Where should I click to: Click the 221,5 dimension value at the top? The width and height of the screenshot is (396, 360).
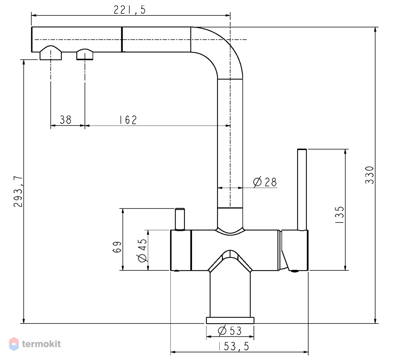(x=129, y=10)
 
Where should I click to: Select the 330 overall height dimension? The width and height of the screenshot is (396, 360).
(x=369, y=175)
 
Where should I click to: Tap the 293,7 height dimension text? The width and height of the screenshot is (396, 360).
(x=18, y=192)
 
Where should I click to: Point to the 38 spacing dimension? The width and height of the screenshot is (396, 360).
(x=66, y=120)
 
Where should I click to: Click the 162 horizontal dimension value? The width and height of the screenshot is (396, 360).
(x=128, y=120)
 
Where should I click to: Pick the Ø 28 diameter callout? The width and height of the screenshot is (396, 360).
(x=265, y=182)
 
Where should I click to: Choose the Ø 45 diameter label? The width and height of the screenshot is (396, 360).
(x=142, y=250)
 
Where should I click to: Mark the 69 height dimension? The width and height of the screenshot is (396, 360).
(x=117, y=247)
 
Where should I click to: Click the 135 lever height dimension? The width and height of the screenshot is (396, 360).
(x=339, y=215)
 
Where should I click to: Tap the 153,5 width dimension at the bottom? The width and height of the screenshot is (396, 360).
(x=234, y=346)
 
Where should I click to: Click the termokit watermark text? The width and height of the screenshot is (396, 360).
(x=41, y=344)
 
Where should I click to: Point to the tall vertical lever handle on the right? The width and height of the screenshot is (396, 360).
(x=302, y=190)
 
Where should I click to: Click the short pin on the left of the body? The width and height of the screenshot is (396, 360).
(x=180, y=219)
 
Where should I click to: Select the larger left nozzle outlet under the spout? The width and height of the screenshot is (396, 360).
(x=51, y=53)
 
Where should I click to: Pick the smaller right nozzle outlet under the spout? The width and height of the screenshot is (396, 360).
(x=85, y=54)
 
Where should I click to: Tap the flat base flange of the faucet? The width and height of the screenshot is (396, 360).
(x=230, y=320)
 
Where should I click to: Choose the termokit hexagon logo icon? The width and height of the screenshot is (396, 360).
(x=14, y=344)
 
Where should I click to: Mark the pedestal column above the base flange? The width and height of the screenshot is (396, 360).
(x=230, y=293)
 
